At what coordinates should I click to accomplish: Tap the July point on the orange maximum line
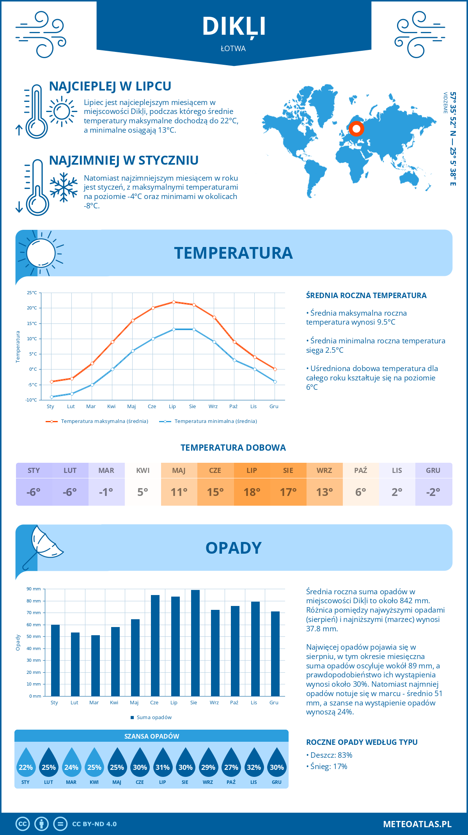coord(174,302)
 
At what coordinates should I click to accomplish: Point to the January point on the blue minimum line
coord(51,397)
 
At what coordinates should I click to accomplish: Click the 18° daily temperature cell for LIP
coord(252,492)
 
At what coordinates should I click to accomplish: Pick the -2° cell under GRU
coord(433,492)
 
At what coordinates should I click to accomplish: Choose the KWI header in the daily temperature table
coord(143,471)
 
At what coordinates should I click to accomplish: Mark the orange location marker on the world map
coord(356,128)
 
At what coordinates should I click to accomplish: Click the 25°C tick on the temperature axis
coord(32,293)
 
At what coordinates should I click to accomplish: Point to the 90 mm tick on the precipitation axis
coord(34,589)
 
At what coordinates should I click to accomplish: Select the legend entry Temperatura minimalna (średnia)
coord(208,421)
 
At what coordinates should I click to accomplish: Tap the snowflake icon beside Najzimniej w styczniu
coord(64,187)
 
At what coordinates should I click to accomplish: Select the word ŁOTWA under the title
coord(233,49)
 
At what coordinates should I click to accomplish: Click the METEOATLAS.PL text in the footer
coord(417,824)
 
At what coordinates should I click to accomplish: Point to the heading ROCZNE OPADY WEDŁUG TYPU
coord(362,742)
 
